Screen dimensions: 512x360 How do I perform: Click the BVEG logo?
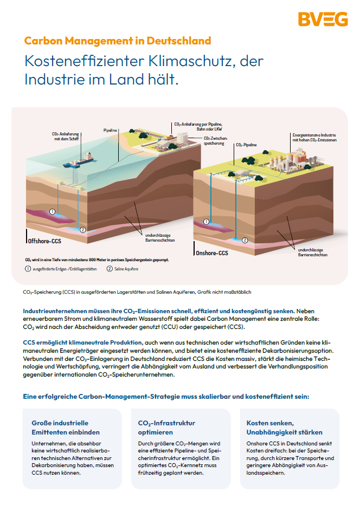323,20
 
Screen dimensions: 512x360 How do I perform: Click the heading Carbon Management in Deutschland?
118,41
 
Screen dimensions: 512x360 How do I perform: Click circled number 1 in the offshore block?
53,211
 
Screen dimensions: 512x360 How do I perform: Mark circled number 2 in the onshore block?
245,239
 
